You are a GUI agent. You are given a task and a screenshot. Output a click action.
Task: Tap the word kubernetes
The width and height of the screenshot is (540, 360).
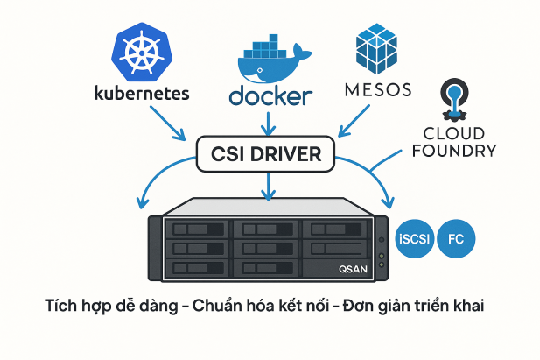click(x=141, y=93)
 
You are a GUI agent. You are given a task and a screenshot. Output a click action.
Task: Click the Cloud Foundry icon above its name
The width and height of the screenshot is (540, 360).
click(x=453, y=102)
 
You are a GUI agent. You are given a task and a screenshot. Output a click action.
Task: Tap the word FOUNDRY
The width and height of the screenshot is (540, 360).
click(x=452, y=150)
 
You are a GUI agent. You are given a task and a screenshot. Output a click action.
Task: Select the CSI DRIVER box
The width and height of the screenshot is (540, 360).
click(x=266, y=154)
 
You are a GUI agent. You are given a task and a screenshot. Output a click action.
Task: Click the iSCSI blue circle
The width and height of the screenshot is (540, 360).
click(x=414, y=238)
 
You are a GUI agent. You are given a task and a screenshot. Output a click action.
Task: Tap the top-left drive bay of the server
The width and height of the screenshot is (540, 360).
click(x=193, y=229)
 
